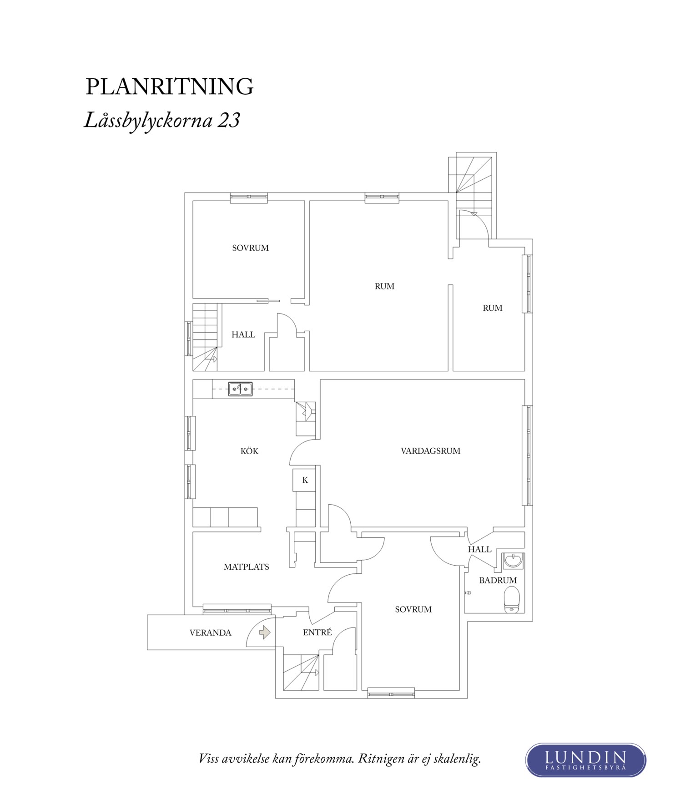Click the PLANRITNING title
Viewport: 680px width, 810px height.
(x=169, y=86)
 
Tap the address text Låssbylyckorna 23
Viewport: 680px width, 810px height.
(x=162, y=121)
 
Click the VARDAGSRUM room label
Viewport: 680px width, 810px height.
(x=430, y=451)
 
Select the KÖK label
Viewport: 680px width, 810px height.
(x=249, y=451)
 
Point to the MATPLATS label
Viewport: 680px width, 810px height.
(x=246, y=567)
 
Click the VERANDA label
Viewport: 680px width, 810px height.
(x=210, y=633)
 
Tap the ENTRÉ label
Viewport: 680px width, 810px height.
(x=317, y=632)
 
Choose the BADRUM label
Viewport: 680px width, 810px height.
(x=498, y=580)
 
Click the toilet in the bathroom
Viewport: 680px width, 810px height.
(x=512, y=599)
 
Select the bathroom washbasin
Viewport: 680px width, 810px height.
(x=514, y=561)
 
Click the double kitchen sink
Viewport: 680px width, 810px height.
(x=240, y=389)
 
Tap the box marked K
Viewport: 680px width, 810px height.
(x=305, y=480)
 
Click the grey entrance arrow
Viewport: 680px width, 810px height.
(x=265, y=632)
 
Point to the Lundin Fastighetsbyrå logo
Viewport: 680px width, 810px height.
(x=585, y=759)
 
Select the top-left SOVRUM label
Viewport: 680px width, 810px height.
(x=250, y=248)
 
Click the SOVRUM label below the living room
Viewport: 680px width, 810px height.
(x=413, y=609)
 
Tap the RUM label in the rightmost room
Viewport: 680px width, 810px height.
(x=492, y=308)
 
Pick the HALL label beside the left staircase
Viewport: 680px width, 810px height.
(x=243, y=335)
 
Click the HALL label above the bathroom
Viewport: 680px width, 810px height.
(x=479, y=549)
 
